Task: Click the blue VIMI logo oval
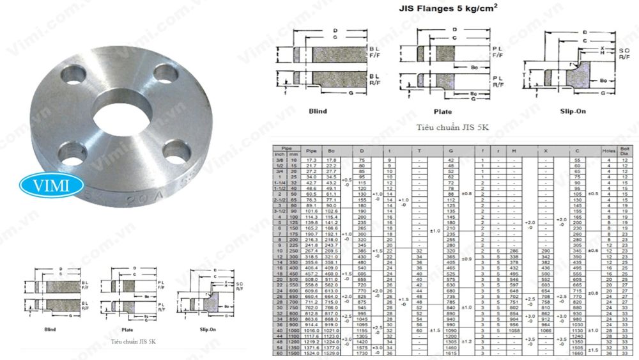coord(52,185)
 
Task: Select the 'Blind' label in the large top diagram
coord(318,111)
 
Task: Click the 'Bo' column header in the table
coord(331,151)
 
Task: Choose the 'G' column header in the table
coord(450,151)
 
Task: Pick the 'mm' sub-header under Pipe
coord(294,154)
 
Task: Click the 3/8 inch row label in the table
coord(279,159)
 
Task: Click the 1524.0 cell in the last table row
coord(312,352)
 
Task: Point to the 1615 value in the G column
coord(450,352)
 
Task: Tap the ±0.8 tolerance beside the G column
coord(466,193)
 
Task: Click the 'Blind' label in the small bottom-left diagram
coord(50,329)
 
